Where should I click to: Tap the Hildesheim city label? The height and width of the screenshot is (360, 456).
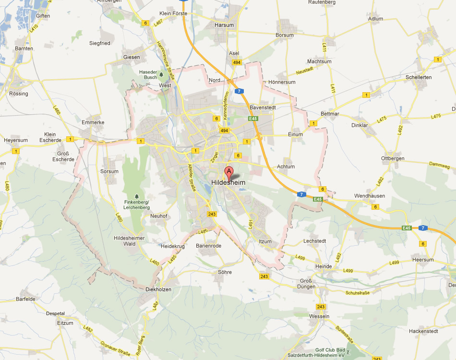pyautogui.click(x=228, y=182)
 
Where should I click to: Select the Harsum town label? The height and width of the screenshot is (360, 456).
pyautogui.click(x=225, y=25)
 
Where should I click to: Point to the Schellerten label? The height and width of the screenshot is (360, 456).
pyautogui.click(x=419, y=77)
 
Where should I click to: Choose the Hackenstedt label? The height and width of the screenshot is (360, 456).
pyautogui.click(x=423, y=331)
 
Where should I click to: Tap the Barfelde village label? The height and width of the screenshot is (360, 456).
pyautogui.click(x=26, y=299)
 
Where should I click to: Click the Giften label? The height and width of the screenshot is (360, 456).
pyautogui.click(x=43, y=15)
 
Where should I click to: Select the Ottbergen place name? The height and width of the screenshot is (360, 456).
pyautogui.click(x=393, y=158)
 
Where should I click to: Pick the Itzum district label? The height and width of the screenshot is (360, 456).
pyautogui.click(x=265, y=241)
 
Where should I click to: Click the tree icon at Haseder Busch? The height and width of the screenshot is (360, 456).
pyautogui.click(x=161, y=74)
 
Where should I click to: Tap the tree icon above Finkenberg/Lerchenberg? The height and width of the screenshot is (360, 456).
pyautogui.click(x=137, y=196)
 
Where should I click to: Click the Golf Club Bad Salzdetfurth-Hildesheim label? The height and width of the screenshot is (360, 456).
pyautogui.click(x=330, y=352)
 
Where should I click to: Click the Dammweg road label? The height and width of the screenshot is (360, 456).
pyautogui.click(x=439, y=166)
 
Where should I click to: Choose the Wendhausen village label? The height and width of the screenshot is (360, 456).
pyautogui.click(x=370, y=196)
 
